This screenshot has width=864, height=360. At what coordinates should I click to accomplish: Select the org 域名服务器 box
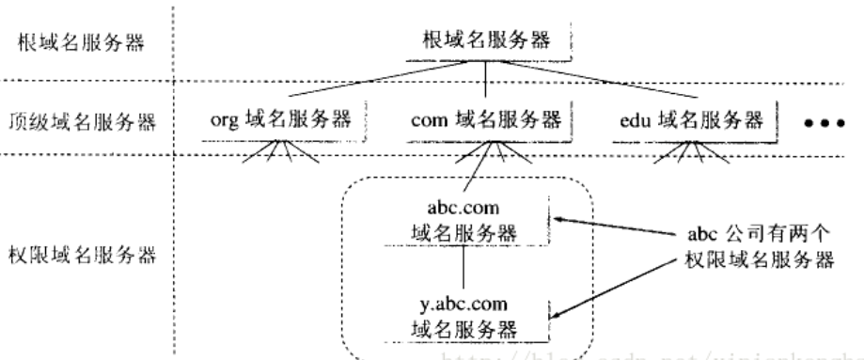[x=281, y=120]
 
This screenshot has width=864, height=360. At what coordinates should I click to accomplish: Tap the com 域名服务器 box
[x=486, y=120]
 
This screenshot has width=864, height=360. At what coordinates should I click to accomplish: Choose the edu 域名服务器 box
[x=691, y=120]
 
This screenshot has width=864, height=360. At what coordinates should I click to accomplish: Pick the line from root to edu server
[x=592, y=85]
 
